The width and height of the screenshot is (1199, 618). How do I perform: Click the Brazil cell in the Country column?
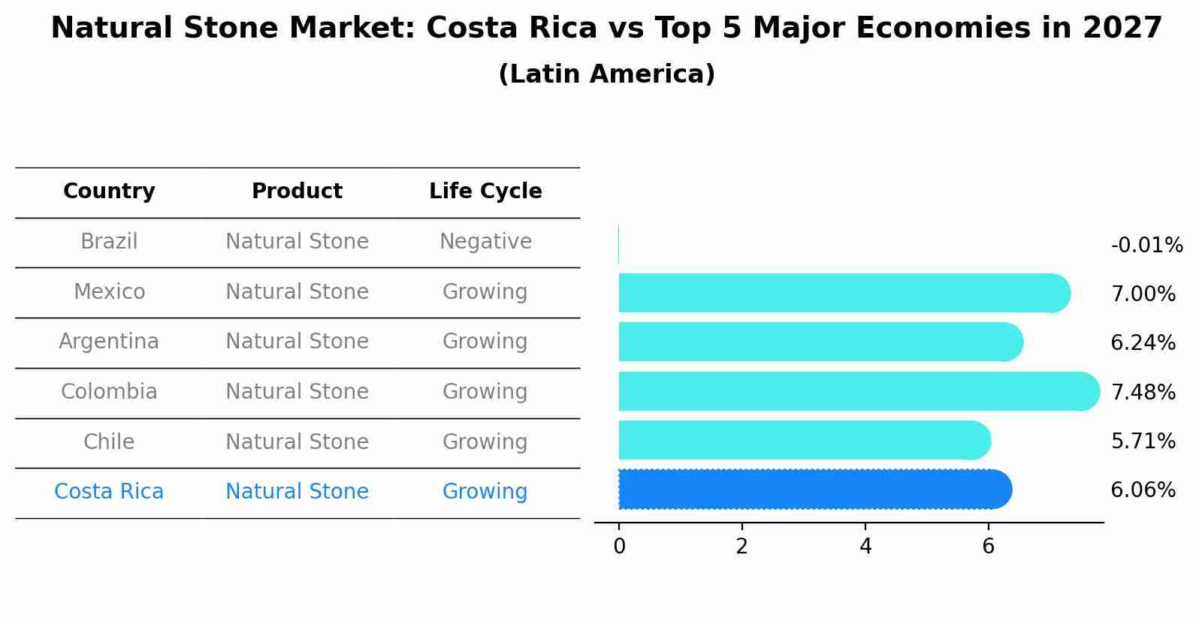(x=109, y=242)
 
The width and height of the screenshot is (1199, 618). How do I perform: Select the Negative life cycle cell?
(x=485, y=242)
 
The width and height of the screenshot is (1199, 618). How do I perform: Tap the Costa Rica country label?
(x=109, y=492)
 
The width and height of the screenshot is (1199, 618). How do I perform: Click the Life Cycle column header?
(x=485, y=191)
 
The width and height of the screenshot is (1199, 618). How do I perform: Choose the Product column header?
(x=297, y=191)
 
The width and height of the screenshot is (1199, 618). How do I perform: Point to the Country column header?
(x=109, y=191)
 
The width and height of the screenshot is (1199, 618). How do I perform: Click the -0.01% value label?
(x=1146, y=246)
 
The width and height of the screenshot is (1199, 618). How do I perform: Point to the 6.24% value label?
(x=1143, y=343)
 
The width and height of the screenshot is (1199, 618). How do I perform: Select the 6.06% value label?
(x=1143, y=490)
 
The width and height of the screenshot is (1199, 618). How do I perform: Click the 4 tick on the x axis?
(x=865, y=547)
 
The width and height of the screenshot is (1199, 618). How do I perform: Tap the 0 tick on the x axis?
(x=619, y=547)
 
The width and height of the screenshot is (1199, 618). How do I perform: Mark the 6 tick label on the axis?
(x=989, y=547)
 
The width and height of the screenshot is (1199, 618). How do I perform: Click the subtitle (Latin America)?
(x=606, y=74)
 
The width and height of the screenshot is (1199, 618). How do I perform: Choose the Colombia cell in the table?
(x=109, y=392)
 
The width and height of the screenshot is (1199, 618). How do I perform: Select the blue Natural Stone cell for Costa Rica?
(x=297, y=492)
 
